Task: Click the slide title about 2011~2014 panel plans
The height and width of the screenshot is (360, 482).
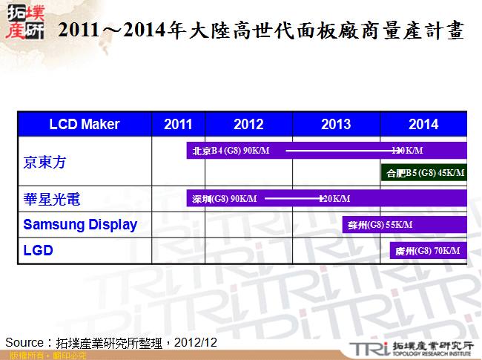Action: tap(261, 31)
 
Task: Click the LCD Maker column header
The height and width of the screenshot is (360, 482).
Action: tap(84, 124)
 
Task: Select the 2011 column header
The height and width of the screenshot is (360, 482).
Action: tap(178, 124)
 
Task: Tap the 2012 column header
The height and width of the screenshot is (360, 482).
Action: tap(248, 124)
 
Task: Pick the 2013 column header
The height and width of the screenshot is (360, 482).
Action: tap(336, 124)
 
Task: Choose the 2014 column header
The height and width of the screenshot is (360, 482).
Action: tap(423, 124)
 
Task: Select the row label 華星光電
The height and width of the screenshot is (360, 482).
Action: tap(52, 200)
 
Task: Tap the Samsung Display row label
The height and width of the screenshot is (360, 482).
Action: tap(80, 225)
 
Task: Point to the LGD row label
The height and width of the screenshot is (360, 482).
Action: tap(39, 251)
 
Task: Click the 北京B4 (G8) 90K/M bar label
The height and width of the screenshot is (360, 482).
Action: tap(231, 151)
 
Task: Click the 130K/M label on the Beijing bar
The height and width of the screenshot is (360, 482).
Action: tap(407, 151)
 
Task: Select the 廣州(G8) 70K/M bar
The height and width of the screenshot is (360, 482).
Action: tap(428, 251)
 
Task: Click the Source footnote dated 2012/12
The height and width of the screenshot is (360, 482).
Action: tap(111, 342)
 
